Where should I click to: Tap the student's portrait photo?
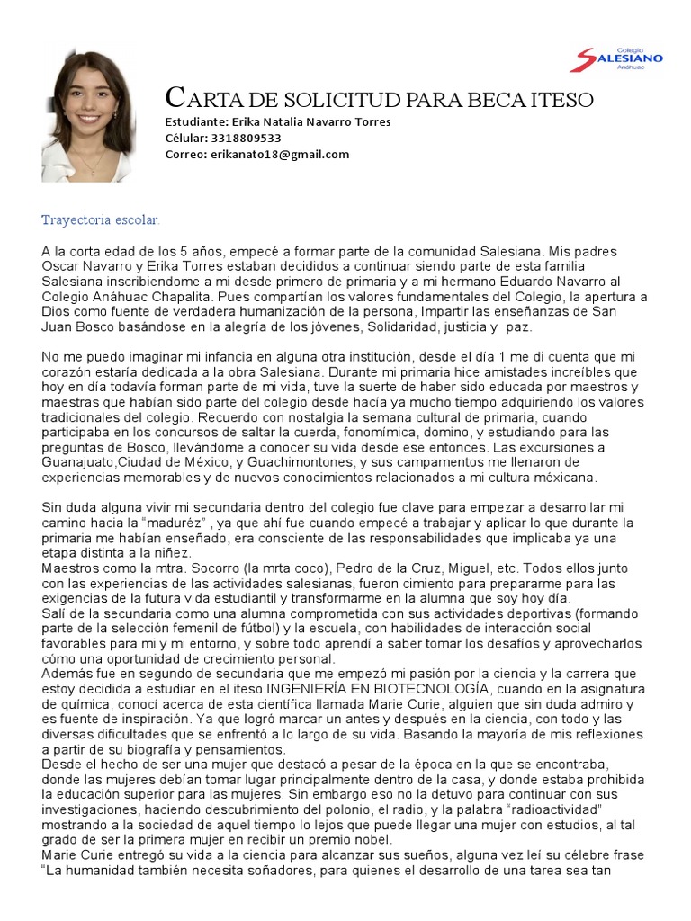coord(87,116)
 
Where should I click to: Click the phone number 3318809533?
coord(246,139)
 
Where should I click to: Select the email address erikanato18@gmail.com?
coord(280,155)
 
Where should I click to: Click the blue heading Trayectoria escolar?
coord(101,219)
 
